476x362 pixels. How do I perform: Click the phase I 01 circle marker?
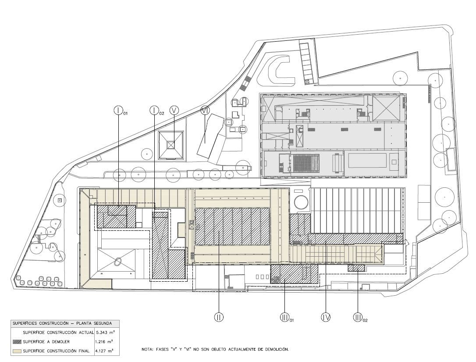[118, 110]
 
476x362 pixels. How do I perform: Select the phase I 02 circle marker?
[155, 110]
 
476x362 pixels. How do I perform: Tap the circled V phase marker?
[174, 110]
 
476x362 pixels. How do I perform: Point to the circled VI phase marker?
[205, 110]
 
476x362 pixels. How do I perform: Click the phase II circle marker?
[219, 317]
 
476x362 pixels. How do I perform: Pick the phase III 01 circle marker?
[284, 317]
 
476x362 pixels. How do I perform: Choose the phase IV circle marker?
[325, 317]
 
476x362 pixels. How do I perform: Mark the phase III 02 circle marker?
[358, 317]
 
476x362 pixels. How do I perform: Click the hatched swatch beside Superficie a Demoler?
[17, 342]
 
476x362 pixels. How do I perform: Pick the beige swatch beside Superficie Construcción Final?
[17, 351]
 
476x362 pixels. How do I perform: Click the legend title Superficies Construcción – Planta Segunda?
[62, 323]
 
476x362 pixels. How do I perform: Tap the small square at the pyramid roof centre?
[171, 145]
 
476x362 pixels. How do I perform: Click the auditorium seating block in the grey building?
[305, 163]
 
